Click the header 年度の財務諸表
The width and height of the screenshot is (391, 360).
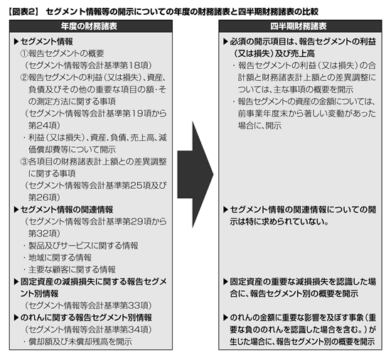(x=89, y=26)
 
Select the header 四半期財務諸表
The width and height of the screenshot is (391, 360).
(x=299, y=26)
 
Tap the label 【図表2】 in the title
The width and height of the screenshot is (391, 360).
(x=23, y=11)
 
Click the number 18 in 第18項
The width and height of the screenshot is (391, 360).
(x=134, y=65)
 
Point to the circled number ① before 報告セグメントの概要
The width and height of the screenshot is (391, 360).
(x=24, y=53)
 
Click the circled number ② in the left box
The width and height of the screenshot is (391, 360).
(x=24, y=77)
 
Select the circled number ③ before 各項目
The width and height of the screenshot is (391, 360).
(x=24, y=162)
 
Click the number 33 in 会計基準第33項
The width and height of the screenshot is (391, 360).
(x=134, y=305)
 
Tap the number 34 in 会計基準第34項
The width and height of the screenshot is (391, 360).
(x=134, y=329)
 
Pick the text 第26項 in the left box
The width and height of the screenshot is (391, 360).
(x=43, y=197)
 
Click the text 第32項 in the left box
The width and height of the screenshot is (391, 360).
(x=43, y=234)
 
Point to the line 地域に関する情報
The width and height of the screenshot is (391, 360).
(x=60, y=258)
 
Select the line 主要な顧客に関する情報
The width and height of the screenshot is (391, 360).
(x=72, y=270)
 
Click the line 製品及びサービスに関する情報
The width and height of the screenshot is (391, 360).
(x=83, y=246)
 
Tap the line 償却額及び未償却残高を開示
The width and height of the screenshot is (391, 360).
(x=80, y=342)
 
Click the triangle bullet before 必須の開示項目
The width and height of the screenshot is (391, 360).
(x=226, y=42)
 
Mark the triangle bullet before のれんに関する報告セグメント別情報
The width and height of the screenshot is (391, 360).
(x=16, y=317)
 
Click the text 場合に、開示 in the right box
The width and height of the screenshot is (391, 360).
(x=259, y=126)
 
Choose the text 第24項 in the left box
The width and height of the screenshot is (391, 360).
(x=43, y=126)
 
